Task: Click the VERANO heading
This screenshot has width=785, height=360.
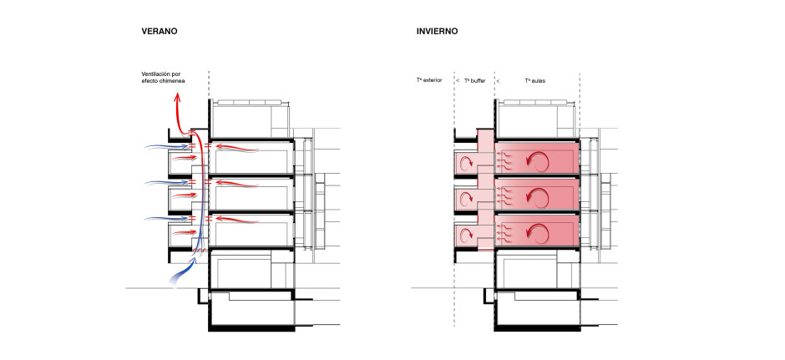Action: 160,31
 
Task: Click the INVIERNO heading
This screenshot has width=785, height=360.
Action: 437,31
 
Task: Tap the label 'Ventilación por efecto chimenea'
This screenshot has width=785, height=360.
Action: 163,77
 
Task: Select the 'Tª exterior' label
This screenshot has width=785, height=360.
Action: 429,80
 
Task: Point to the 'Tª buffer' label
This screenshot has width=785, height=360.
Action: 474,80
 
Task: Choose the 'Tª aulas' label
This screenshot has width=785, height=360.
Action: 534,80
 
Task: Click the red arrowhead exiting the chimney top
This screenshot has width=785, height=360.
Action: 177,97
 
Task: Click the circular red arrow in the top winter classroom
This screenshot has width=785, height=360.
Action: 538,160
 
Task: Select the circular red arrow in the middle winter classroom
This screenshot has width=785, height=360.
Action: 538,197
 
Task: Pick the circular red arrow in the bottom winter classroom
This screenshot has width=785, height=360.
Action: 538,234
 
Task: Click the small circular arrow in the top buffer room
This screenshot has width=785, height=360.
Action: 466,161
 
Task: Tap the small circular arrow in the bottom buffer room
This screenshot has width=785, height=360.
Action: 466,235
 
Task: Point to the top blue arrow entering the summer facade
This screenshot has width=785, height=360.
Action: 167,147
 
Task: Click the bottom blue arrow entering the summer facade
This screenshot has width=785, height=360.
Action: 167,219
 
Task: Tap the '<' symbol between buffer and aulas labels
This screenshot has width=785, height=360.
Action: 498,80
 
